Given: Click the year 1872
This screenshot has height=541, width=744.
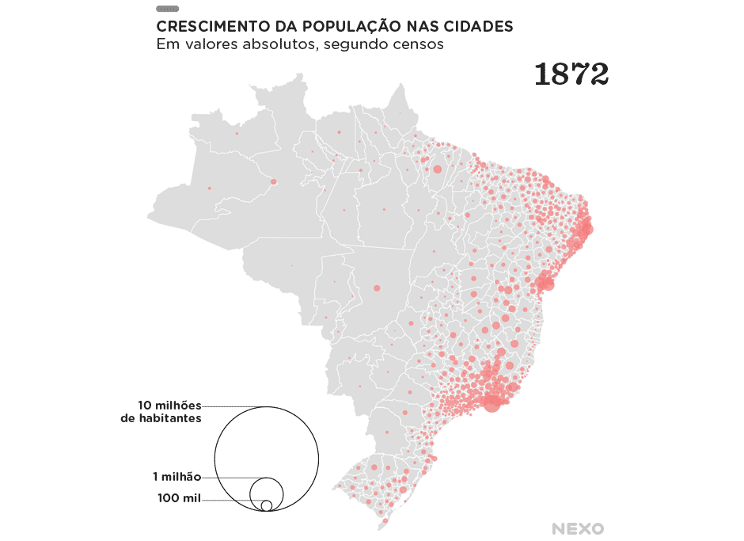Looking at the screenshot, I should (x=571, y=74).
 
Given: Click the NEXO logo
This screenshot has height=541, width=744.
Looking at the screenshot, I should (x=578, y=528).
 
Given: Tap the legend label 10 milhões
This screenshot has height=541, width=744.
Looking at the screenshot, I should (x=169, y=405).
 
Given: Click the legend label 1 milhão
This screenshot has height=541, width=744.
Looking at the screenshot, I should (x=177, y=477).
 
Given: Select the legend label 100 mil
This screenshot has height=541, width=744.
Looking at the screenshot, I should (x=179, y=498).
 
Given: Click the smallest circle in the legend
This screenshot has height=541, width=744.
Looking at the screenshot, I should (x=267, y=505).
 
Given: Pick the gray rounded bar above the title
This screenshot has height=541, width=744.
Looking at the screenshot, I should (x=167, y=9).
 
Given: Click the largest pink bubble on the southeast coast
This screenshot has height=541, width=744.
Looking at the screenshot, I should (x=492, y=403).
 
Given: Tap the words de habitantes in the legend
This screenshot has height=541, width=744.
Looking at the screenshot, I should (x=161, y=418).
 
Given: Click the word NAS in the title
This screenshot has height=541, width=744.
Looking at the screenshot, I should (x=422, y=26).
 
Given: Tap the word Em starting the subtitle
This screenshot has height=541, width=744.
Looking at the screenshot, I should (x=165, y=44).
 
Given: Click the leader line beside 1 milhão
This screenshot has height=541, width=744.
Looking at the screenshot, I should (x=230, y=478).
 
